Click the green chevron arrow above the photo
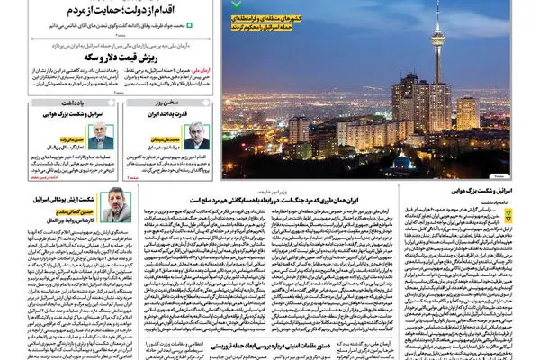point(237,4)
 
